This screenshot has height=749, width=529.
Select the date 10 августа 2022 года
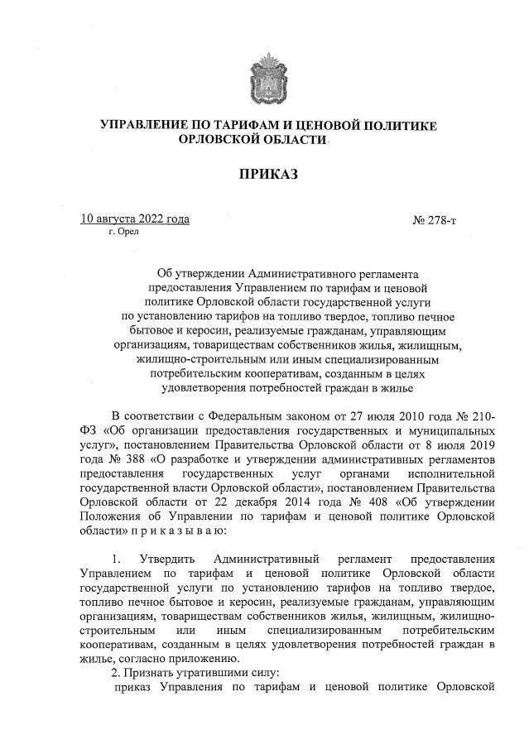(135, 219)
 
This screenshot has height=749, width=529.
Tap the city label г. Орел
(124, 233)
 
